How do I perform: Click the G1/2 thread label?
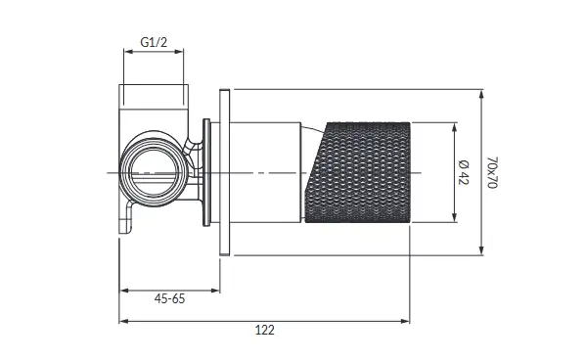point(154,42)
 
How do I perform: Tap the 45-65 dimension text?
point(169,298)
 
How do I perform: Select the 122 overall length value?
point(265,330)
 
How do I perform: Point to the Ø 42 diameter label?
point(464,172)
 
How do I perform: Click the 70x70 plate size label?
point(492,172)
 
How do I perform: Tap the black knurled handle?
point(358,172)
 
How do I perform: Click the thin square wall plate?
point(225,172)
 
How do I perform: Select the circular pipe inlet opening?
point(154,172)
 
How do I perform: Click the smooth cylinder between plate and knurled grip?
point(266,172)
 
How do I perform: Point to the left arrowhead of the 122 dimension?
point(123,321)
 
